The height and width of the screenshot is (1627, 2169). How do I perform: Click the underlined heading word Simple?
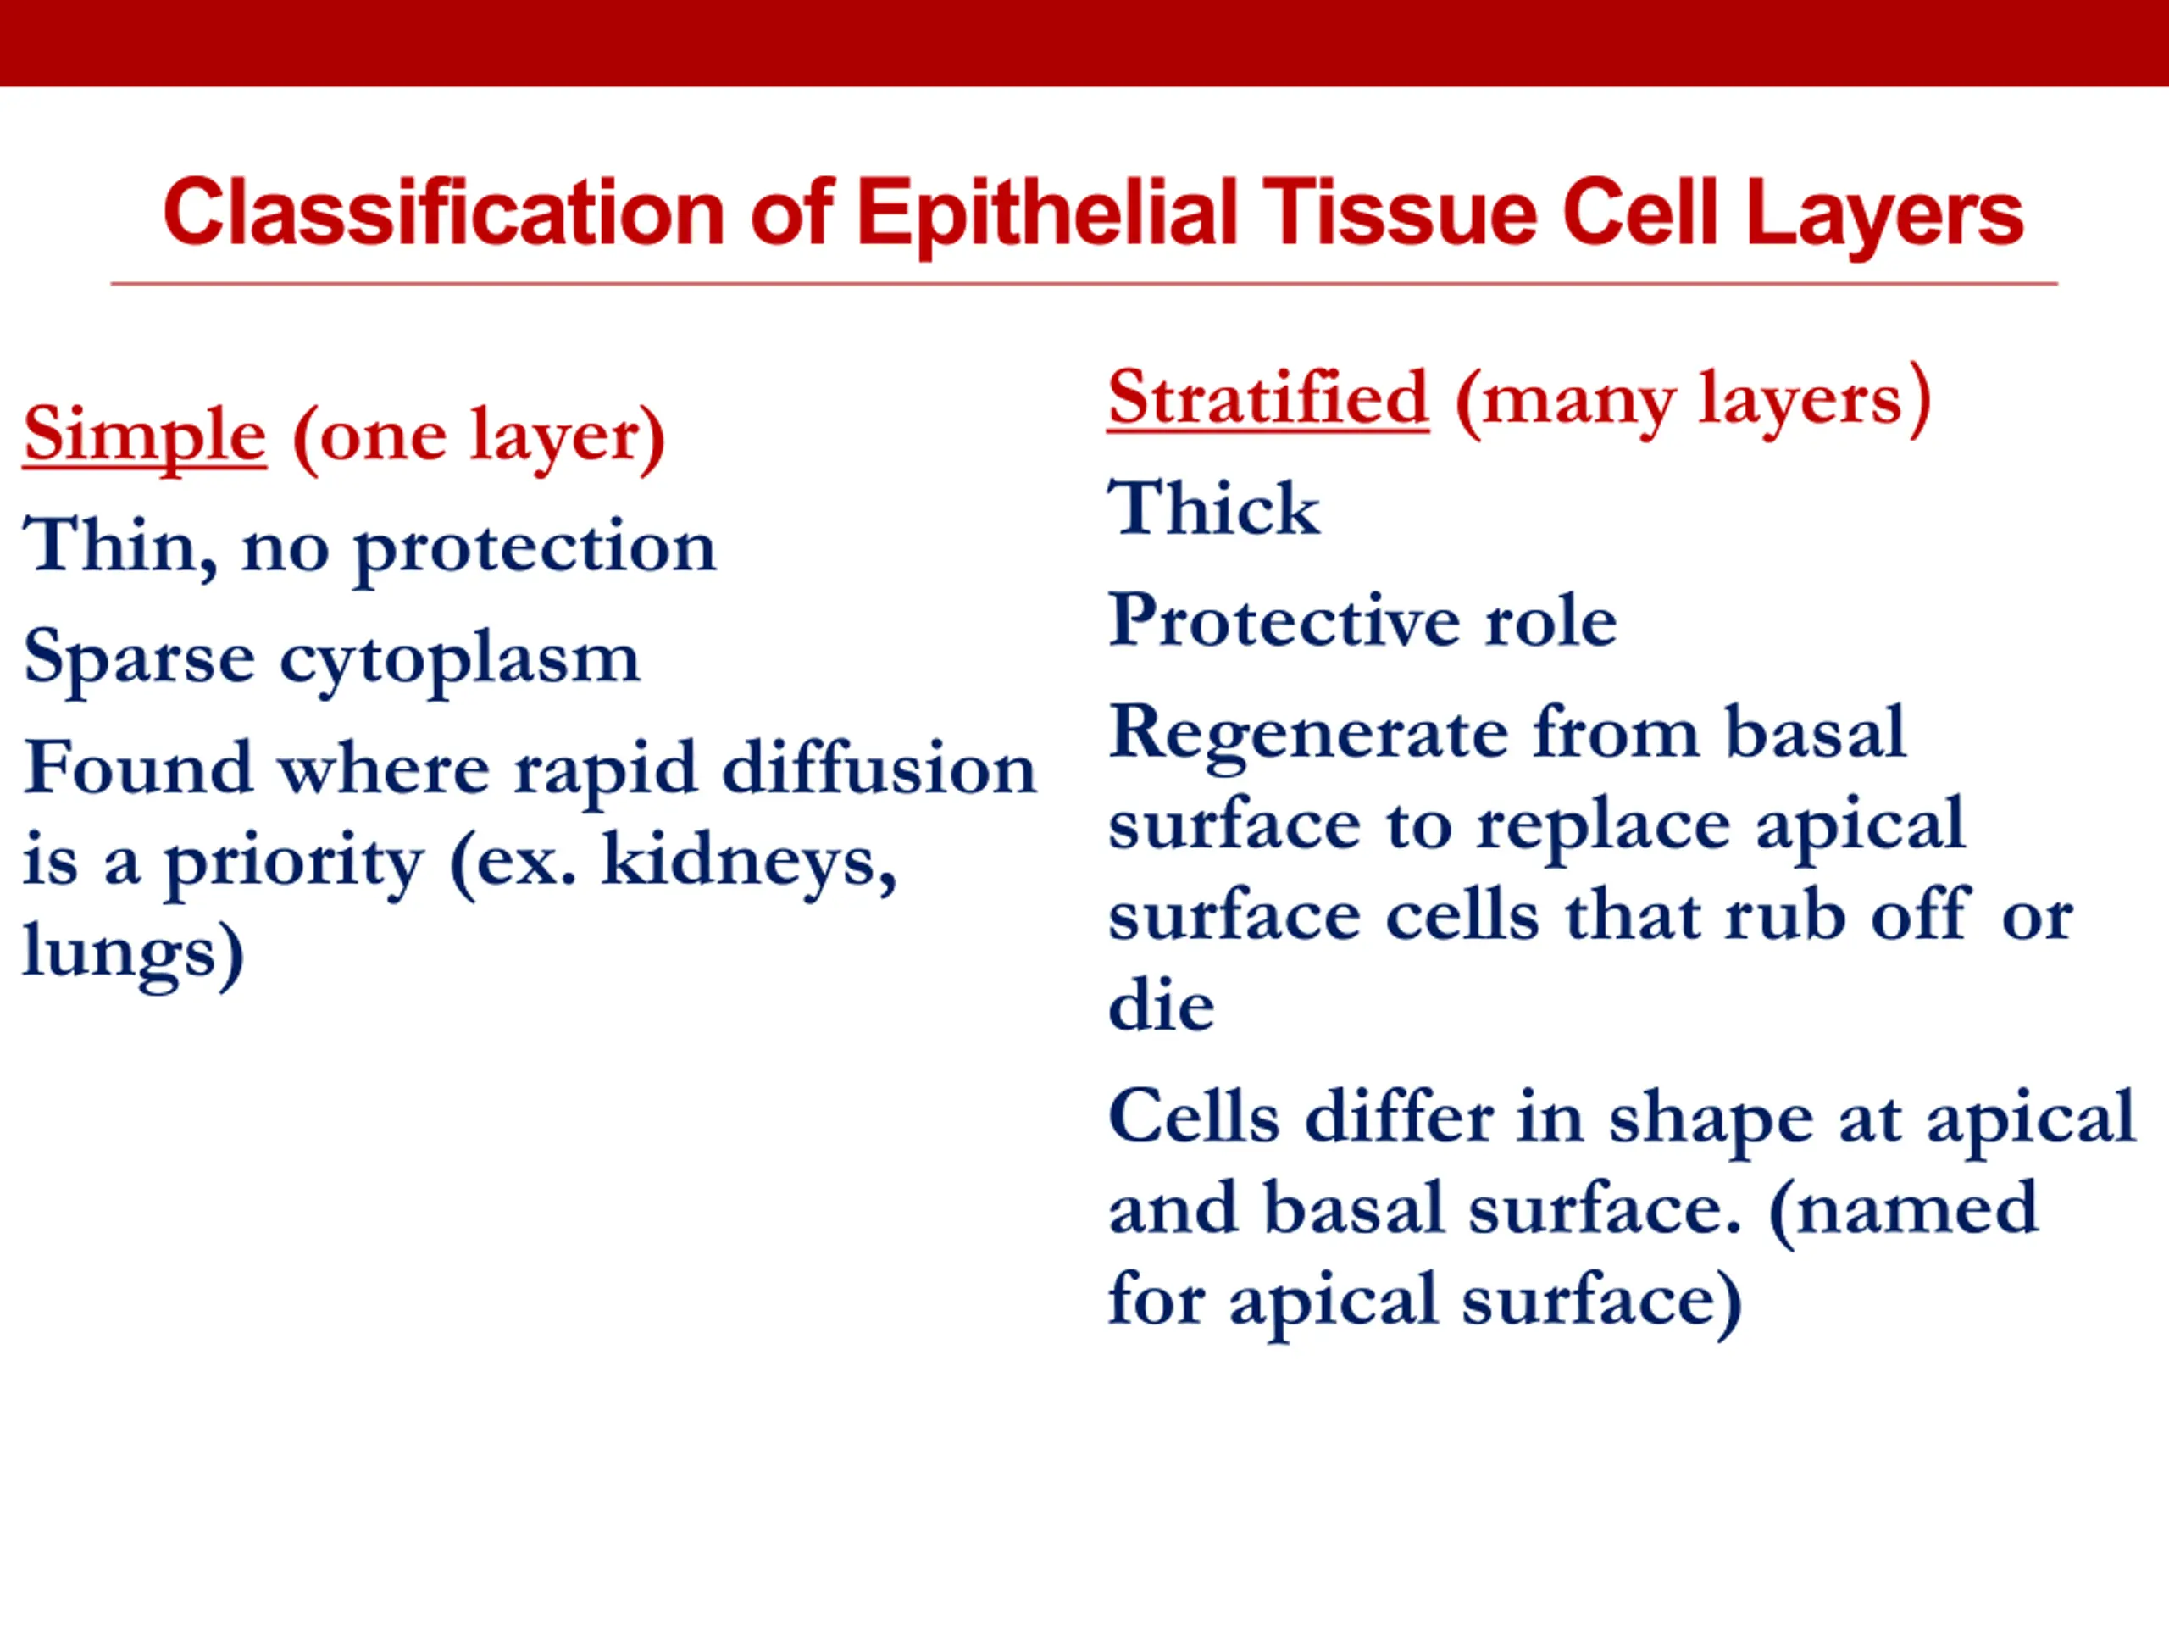[x=144, y=437]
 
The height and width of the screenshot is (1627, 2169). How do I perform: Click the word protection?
[x=535, y=551]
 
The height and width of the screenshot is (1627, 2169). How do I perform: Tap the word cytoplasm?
[x=460, y=663]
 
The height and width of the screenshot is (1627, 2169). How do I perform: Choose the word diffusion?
[x=879, y=768]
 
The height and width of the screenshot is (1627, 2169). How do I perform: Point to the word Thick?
[x=1214, y=508]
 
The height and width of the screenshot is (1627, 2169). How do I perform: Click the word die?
[x=1161, y=1005]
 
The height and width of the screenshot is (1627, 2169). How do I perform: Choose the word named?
[x=1905, y=1208]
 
